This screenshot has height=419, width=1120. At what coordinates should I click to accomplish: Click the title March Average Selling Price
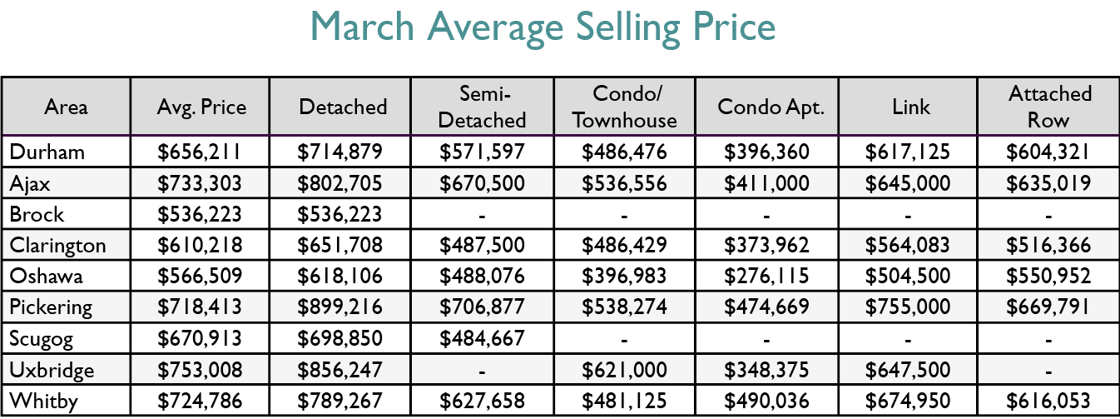coord(543,27)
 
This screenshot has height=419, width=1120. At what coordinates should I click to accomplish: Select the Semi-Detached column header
coord(482,107)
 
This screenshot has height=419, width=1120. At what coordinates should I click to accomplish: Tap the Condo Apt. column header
coord(766,107)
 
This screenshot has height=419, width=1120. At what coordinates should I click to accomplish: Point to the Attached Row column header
coord(1048,107)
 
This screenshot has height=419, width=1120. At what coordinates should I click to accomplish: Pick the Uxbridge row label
coord(52,370)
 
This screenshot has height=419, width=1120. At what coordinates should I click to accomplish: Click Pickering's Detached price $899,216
coord(341,307)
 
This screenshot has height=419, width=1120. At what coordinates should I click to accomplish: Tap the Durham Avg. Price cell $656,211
coord(200,152)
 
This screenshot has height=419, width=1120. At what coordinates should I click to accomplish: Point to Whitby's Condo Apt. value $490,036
coord(766,401)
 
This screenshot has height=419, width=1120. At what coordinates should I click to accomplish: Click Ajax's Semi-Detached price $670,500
coord(482,182)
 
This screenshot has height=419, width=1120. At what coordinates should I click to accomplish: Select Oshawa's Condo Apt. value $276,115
coord(766,276)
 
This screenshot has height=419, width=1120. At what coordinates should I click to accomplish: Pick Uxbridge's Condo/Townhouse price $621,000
coord(624,370)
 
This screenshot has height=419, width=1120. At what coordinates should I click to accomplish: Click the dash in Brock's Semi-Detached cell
coord(482,215)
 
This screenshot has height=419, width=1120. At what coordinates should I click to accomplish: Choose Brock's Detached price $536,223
coord(341,214)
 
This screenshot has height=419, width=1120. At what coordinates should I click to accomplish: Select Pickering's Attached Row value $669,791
coord(1048,307)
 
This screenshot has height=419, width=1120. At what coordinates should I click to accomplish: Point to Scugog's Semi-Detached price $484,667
coord(482,338)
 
